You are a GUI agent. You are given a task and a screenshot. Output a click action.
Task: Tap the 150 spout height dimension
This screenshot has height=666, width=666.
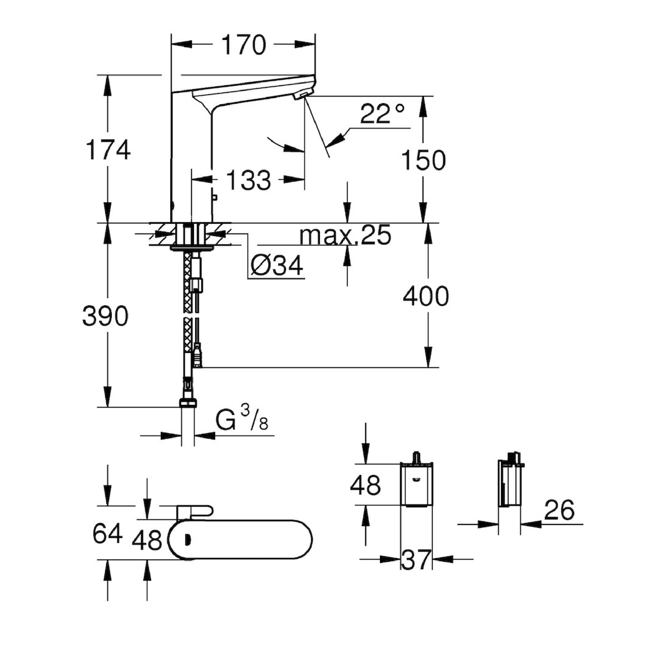click(423, 161)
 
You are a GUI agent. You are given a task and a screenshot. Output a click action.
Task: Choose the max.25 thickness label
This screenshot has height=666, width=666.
click(345, 235)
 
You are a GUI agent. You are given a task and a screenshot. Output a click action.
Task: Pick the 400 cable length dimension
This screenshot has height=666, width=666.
click(426, 297)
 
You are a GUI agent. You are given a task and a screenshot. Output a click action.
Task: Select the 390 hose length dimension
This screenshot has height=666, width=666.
click(105, 316)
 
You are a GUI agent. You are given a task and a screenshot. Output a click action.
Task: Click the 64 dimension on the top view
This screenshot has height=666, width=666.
click(107, 534)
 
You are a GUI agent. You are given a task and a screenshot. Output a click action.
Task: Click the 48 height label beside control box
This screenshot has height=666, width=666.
click(365, 485)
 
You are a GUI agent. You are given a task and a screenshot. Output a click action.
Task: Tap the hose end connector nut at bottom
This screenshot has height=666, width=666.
click(188, 402)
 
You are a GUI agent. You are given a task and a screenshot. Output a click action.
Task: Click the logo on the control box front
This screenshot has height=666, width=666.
click(416, 480)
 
